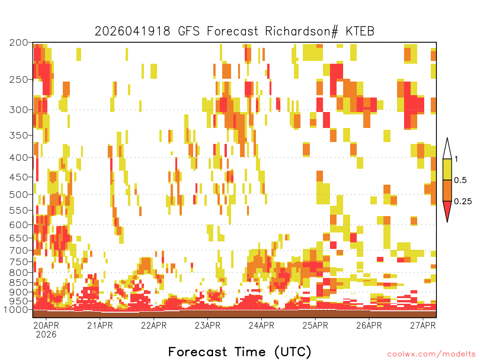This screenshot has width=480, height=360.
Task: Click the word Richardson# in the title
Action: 301,31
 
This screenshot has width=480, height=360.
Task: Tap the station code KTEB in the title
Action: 360,31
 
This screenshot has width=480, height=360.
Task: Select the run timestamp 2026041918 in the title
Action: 132,31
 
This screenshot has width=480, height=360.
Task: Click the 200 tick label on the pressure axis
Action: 19,43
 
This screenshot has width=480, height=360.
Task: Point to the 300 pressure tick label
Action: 19,110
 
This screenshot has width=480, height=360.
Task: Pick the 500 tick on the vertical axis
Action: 19,195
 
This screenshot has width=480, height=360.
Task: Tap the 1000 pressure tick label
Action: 16,310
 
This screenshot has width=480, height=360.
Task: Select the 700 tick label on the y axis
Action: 19,250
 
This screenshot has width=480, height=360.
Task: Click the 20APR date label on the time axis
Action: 46,325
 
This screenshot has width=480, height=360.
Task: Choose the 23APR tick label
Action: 208,325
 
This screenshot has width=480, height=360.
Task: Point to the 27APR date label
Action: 423,325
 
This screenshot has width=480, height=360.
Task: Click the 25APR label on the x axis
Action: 315,325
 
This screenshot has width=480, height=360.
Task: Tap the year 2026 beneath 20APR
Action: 46,335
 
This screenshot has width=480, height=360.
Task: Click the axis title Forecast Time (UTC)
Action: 240,352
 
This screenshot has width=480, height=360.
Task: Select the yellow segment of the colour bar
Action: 447,170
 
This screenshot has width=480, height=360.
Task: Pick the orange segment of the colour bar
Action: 447,191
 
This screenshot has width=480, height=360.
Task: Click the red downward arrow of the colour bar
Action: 447,210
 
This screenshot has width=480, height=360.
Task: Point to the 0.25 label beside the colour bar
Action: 463,202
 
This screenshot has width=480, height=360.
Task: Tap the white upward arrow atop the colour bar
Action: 447,150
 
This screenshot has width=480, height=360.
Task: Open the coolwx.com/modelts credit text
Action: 431,354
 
